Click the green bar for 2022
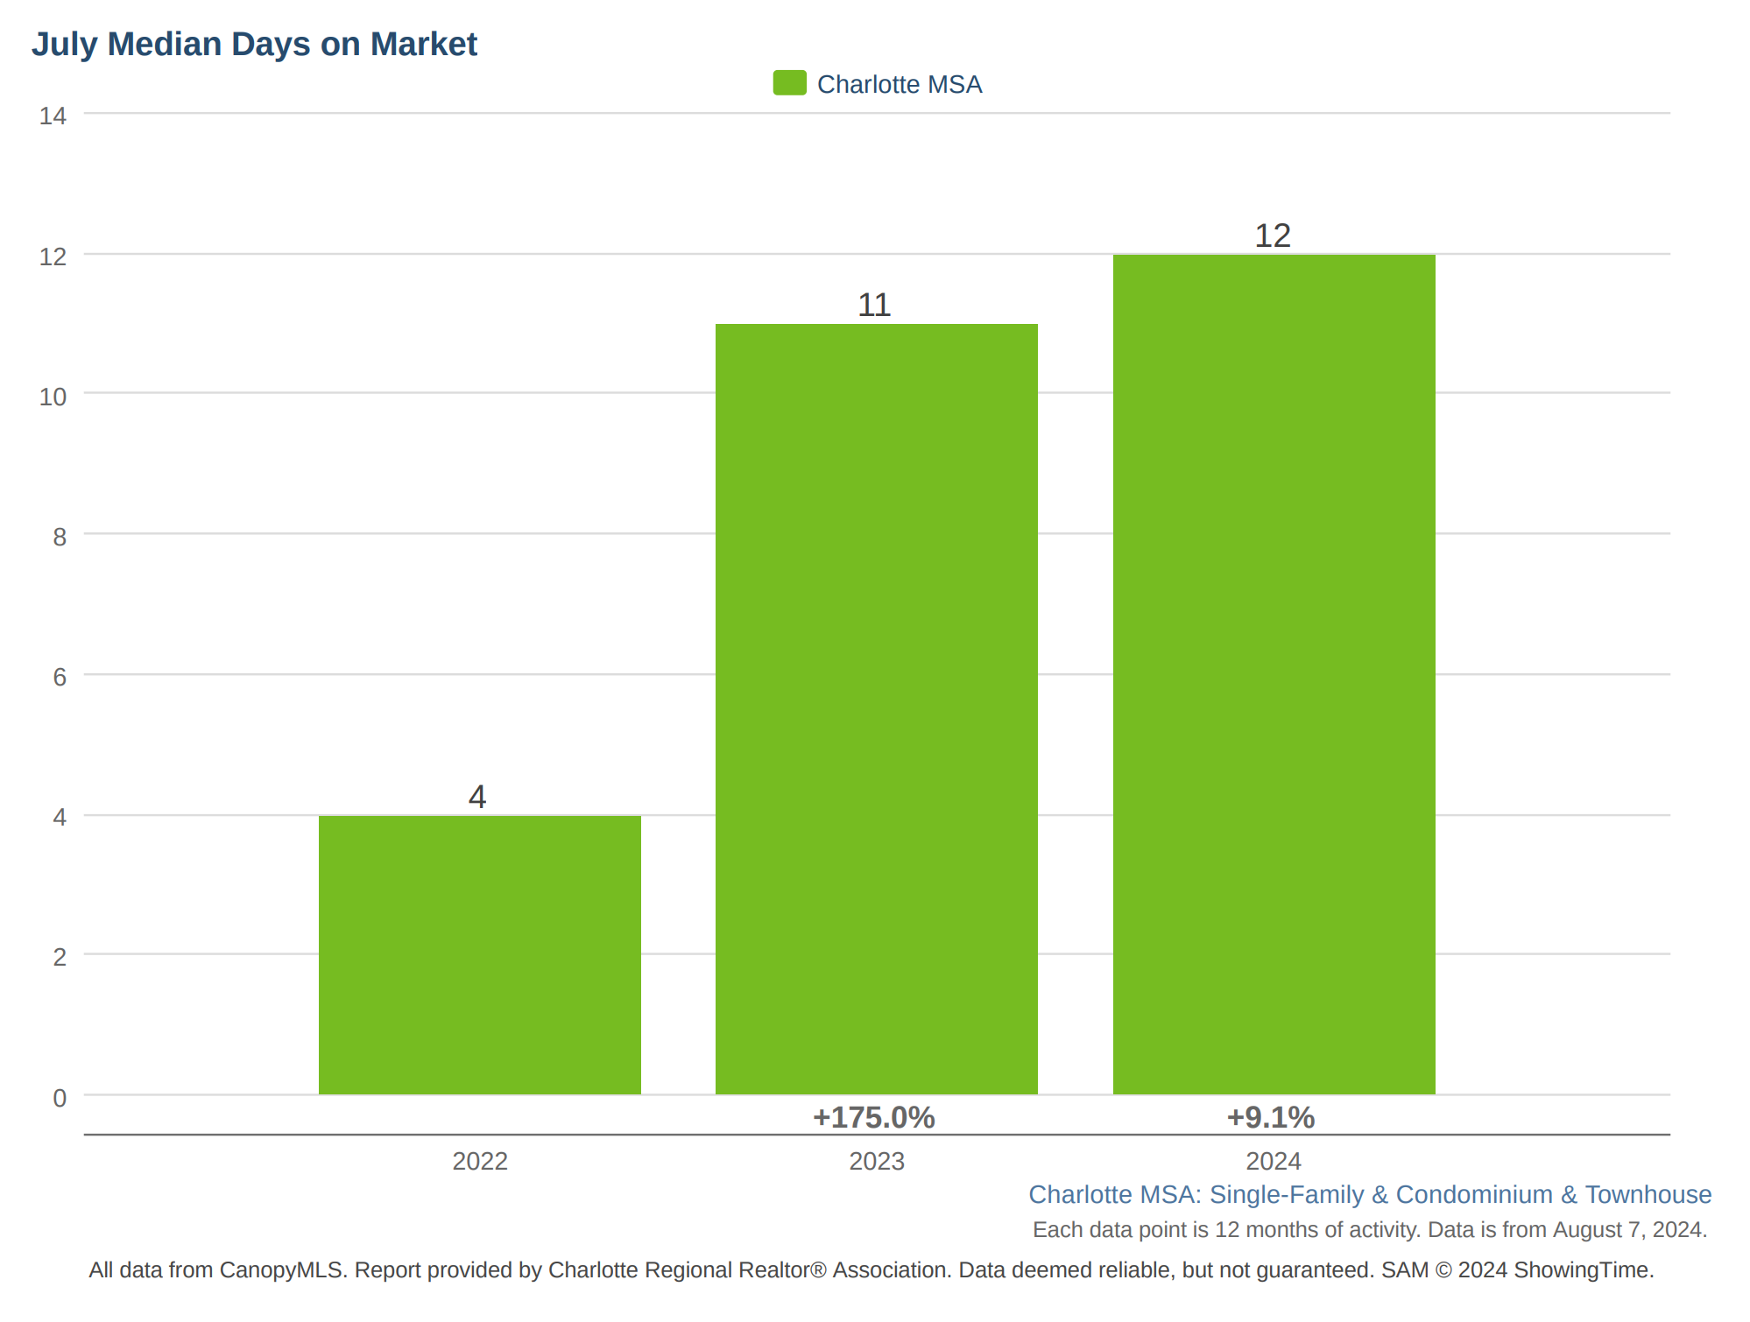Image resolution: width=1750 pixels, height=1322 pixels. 479,954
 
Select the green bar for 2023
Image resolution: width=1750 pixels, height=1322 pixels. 877,709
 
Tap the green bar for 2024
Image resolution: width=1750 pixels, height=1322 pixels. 1274,674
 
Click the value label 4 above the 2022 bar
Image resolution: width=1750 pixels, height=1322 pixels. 477,797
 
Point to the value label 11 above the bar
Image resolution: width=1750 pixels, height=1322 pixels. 874,305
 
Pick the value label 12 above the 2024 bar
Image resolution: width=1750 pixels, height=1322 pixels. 1273,236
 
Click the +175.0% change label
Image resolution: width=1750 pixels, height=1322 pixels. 874,1117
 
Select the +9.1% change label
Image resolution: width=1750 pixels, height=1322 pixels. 1271,1117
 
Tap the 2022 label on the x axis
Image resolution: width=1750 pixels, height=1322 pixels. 480,1161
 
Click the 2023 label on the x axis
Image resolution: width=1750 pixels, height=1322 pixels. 877,1161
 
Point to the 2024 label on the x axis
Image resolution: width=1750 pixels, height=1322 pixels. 1274,1161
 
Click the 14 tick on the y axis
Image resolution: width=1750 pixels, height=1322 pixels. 53,116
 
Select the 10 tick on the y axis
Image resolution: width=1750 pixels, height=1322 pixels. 53,397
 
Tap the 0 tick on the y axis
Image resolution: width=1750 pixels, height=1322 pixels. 60,1098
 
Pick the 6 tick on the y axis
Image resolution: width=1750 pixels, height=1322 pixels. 60,677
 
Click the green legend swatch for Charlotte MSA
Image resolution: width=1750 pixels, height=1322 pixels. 789,83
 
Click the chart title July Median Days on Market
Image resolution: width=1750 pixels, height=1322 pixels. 254,44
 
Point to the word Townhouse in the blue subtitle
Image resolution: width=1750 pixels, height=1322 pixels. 1648,1194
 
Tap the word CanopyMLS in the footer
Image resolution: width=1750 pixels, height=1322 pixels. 283,1270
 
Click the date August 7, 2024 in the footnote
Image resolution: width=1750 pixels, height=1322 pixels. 1630,1230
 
